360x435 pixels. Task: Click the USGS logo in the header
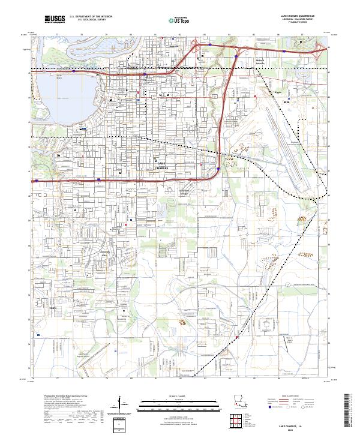(x=55, y=19)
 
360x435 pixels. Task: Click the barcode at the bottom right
(x=348, y=412)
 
